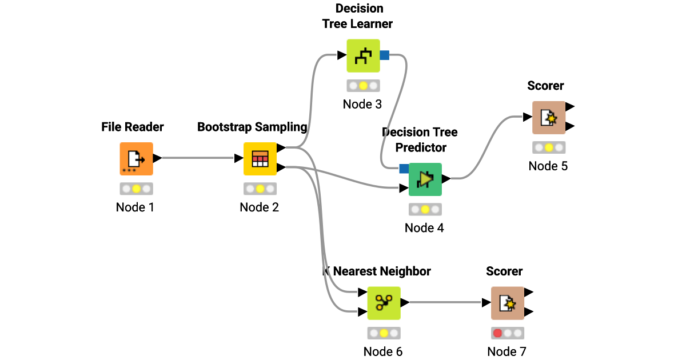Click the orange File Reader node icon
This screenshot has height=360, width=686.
tap(136, 158)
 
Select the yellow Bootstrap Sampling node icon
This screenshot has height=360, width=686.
tap(260, 158)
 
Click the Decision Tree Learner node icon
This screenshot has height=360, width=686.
tap(363, 55)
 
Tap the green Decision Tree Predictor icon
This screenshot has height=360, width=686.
tap(425, 179)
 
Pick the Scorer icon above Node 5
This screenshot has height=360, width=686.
tap(549, 117)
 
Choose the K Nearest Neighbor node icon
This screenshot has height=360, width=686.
tap(384, 303)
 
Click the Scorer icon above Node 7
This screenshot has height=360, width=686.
tap(507, 303)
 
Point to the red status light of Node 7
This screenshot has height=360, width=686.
tap(497, 333)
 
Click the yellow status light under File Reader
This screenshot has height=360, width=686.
tap(136, 189)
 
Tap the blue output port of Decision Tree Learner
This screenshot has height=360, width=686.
tap(384, 55)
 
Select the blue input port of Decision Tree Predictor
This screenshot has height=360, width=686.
tap(404, 169)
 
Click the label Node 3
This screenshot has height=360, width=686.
tap(362, 104)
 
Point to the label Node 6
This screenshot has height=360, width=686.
tap(383, 351)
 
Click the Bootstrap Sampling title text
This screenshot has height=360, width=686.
tap(252, 127)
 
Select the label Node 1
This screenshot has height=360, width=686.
tap(135, 207)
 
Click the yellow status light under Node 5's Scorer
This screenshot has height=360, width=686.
tap(549, 147)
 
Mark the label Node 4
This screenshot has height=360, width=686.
tap(424, 227)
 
